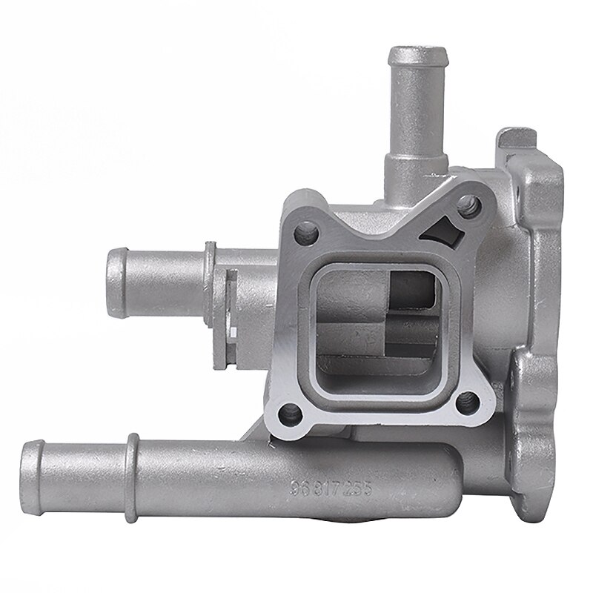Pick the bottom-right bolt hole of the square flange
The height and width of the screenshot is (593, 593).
tap(466, 404)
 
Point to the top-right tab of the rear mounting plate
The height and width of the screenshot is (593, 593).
tap(511, 138)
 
